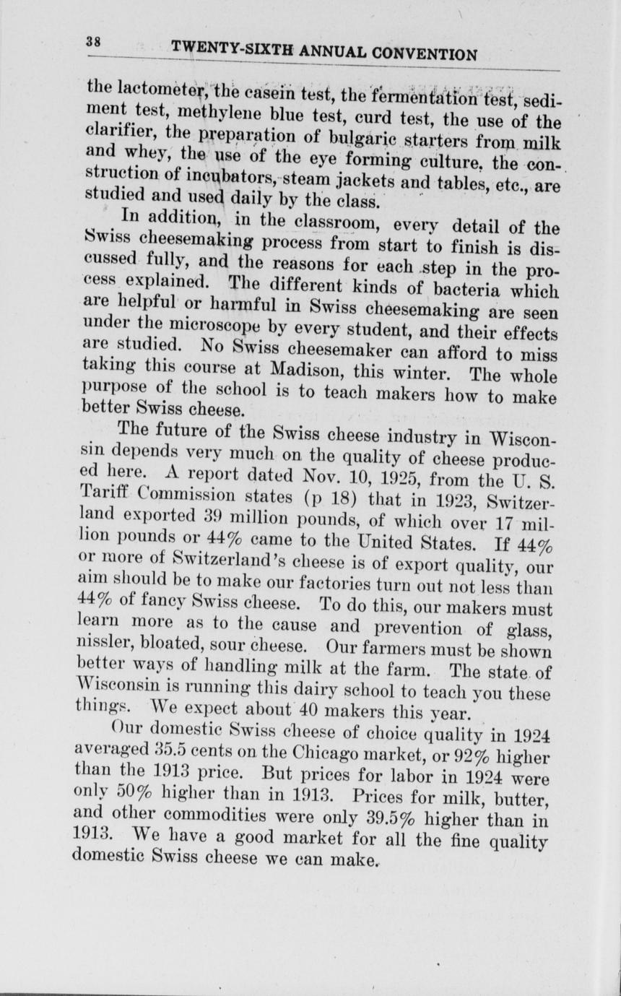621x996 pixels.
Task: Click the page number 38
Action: [x=92, y=41]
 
